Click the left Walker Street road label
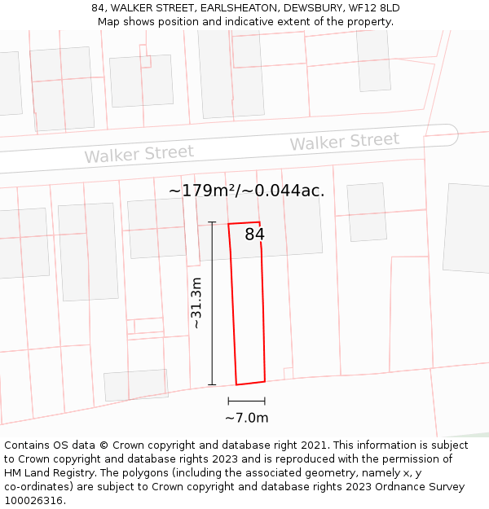click(x=139, y=153)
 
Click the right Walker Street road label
click(x=345, y=142)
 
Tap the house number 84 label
click(x=254, y=235)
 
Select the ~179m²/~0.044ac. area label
click(x=246, y=191)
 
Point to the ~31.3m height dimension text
click(x=196, y=303)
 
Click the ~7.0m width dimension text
click(x=246, y=418)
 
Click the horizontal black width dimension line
click(x=246, y=401)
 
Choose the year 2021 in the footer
click(x=313, y=445)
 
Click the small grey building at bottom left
click(x=135, y=385)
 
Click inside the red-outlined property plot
click(x=249, y=309)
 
